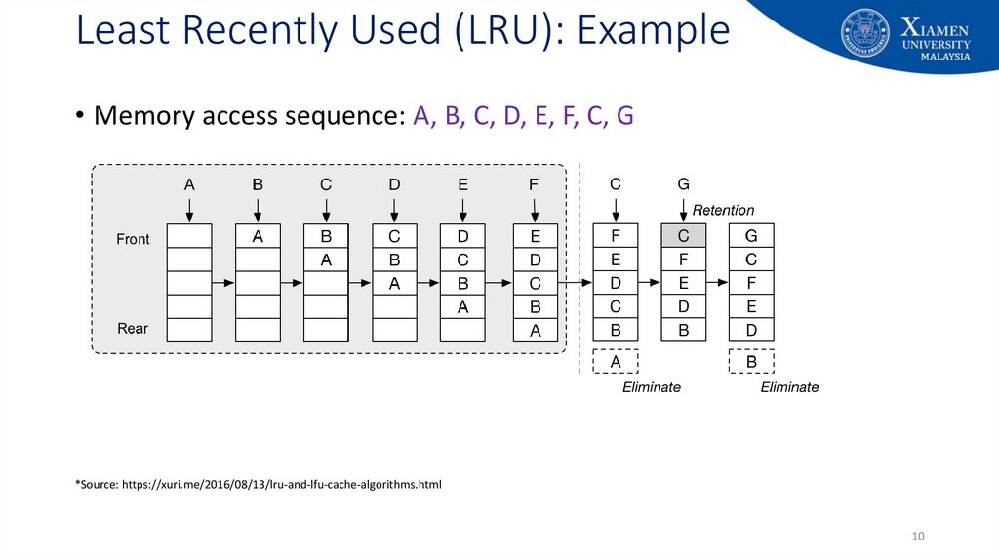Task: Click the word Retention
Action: coord(723,210)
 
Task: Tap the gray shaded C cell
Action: coord(684,236)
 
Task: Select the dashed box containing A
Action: coord(616,362)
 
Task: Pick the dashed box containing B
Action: coord(752,362)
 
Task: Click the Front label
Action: coord(133,240)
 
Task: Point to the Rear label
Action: coord(133,329)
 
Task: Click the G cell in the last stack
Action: coord(752,236)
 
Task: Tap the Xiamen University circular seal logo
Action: coord(865,32)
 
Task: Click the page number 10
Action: coord(918,536)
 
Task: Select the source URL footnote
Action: coord(258,484)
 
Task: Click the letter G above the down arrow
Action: coord(684,184)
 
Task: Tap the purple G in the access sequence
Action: coord(625,115)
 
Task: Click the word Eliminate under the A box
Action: coord(652,387)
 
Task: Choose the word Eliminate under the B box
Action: coord(790,387)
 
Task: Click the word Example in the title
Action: coord(653,30)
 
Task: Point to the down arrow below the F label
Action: coord(535,210)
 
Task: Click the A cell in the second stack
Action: coord(258,236)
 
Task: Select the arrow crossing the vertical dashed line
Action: coord(576,283)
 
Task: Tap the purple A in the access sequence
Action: coord(421,115)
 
